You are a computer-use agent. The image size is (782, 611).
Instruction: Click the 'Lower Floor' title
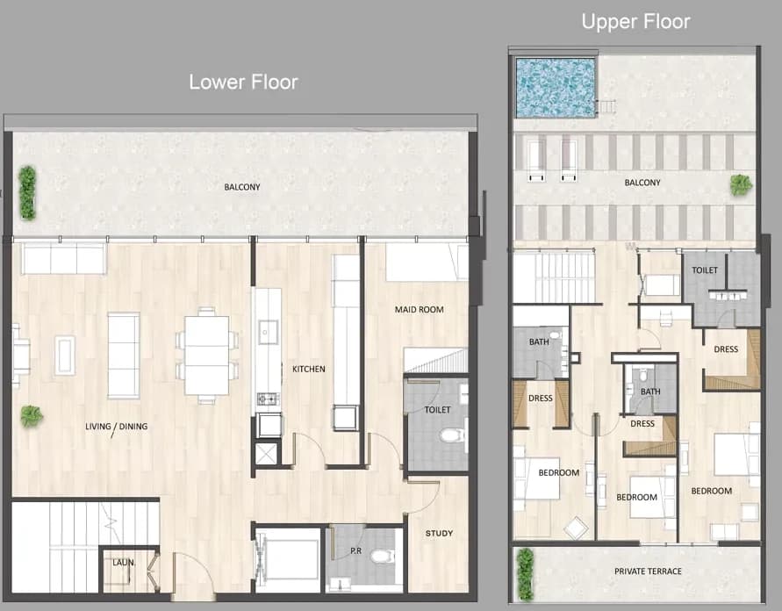pos(243,83)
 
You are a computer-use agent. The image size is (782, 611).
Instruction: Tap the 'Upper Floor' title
pos(636,22)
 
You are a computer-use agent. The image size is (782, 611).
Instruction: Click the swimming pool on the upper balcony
pos(556,88)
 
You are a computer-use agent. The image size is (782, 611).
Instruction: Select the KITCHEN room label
pos(309,369)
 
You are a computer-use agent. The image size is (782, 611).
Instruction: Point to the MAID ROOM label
pos(419,310)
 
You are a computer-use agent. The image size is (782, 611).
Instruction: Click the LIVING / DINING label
pos(116,427)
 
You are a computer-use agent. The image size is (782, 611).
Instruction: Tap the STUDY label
pos(439,533)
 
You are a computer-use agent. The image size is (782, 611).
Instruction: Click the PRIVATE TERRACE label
pos(648,571)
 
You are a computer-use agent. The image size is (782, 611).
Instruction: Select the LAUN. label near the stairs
pos(123,563)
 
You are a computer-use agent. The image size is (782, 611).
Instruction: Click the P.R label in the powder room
pos(355,551)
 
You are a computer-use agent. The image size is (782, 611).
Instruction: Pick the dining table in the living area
pos(207,356)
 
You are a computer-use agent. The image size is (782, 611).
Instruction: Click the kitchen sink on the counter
pos(268,332)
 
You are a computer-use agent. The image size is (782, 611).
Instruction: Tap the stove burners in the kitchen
pos(268,399)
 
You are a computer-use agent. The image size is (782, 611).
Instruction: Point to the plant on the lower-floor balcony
pos(27,193)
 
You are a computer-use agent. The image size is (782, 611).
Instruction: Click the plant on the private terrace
pos(525,574)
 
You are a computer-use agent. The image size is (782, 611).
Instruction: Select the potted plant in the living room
pos(32,416)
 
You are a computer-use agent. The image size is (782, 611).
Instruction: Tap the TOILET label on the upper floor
pos(705,270)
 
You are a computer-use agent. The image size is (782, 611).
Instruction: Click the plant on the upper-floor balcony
pos(741,185)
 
